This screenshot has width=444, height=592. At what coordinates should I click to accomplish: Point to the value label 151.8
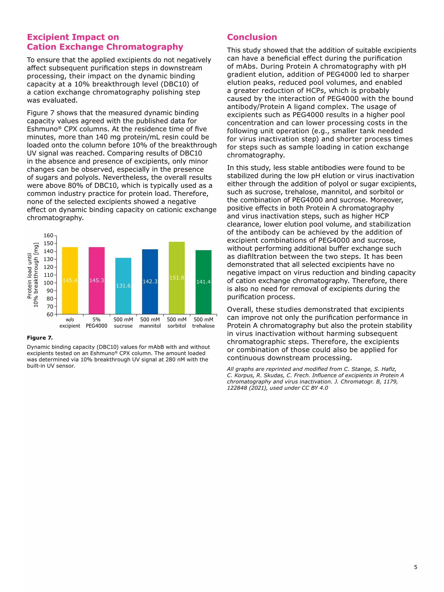177,277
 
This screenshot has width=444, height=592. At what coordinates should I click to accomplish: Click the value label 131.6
123,285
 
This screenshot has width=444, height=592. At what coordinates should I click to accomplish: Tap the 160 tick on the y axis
48,235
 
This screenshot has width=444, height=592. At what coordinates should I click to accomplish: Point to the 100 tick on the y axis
48,283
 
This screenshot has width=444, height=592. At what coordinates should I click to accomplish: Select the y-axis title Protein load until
29,276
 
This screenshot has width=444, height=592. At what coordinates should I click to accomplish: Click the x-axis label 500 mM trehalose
203,323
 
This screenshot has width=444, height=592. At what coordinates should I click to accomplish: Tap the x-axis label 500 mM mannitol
150,323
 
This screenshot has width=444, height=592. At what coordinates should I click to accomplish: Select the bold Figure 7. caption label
40,338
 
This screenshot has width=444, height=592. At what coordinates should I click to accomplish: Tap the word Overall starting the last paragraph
240,309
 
